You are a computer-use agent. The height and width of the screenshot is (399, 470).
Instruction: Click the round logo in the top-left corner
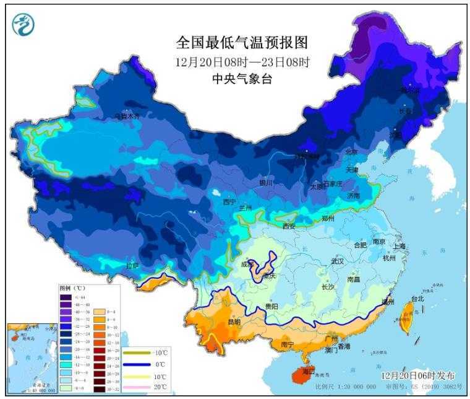pyautogui.click(x=23, y=24)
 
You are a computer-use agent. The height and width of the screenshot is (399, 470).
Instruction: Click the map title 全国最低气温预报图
pyautogui.click(x=242, y=43)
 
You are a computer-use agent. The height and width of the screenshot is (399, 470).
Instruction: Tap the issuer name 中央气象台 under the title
pyautogui.click(x=242, y=79)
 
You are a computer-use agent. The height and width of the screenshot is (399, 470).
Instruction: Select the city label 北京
pyautogui.click(x=351, y=151)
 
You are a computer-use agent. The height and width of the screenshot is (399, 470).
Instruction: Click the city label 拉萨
pyautogui.click(x=132, y=265)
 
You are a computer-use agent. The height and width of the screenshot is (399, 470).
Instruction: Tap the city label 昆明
pyautogui.click(x=234, y=322)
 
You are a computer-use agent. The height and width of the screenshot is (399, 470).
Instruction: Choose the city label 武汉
pyautogui.click(x=338, y=261)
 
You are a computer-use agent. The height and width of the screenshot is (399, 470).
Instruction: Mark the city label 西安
pyautogui.click(x=289, y=226)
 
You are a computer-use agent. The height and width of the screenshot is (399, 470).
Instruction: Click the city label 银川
pyautogui.click(x=266, y=183)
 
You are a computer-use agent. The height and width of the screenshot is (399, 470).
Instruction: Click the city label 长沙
pyautogui.click(x=328, y=286)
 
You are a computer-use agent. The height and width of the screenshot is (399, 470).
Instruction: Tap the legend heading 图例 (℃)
pyautogui.click(x=72, y=288)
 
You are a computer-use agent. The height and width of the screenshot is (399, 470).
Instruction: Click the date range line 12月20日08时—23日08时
pyautogui.click(x=242, y=62)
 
